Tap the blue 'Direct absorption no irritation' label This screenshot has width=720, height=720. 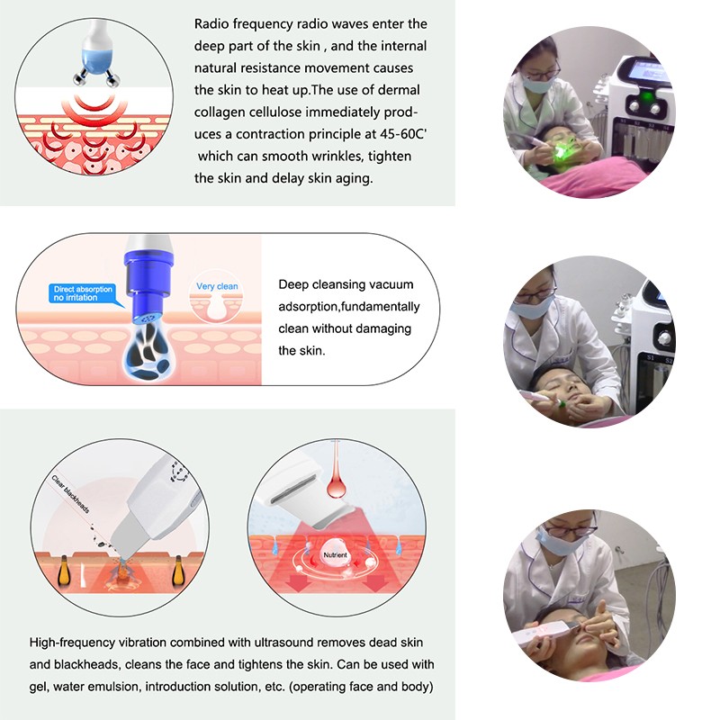tap(82, 293)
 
